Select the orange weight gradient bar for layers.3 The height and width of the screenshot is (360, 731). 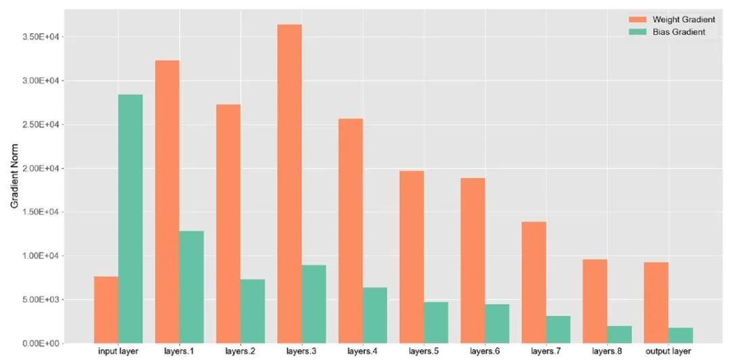pos(290,183)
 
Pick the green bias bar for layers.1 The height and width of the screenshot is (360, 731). pos(192,287)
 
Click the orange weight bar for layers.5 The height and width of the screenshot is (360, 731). pos(412,256)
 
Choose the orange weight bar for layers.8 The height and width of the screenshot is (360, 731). pos(595,301)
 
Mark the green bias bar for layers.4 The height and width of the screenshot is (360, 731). pos(374,315)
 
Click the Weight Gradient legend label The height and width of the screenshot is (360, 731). pos(683,20)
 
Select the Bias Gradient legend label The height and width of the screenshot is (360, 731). pos(679,32)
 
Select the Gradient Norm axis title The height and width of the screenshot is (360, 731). pos(14,177)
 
